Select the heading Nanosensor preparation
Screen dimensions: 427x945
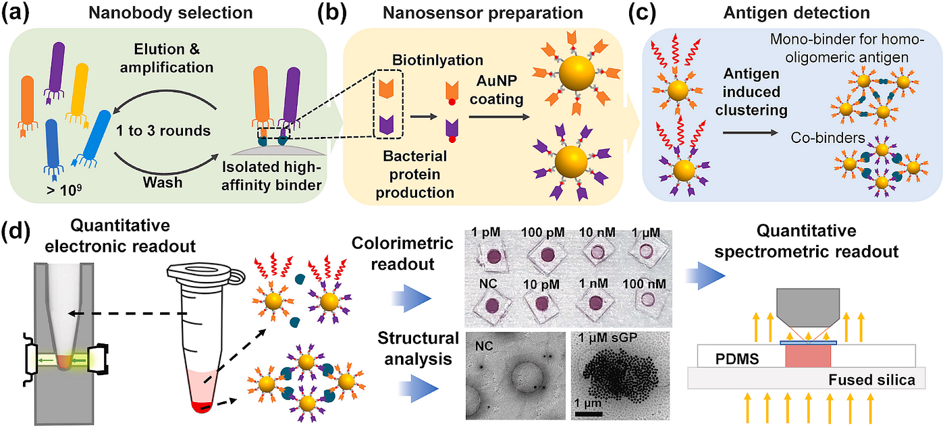(x=484, y=13)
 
